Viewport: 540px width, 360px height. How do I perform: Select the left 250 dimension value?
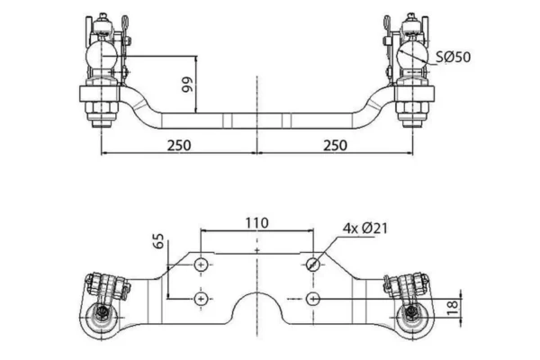178,145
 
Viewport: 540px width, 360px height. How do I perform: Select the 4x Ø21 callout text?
364,229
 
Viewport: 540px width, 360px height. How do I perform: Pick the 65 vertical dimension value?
159,241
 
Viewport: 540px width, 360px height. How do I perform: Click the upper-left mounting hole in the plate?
200,264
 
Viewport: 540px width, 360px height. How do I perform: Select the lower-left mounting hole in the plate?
200,298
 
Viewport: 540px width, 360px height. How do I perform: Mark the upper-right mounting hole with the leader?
312,264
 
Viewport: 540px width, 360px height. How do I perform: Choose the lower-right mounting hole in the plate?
312,298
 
